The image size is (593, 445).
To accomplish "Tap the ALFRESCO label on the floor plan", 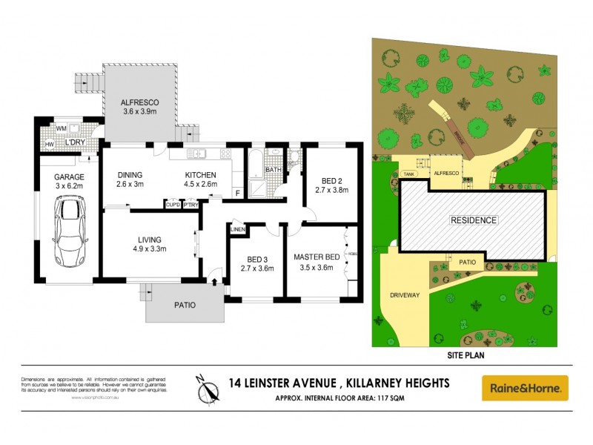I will pyautogui.click(x=140, y=104).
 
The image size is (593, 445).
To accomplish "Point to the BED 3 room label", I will pyautogui.click(x=258, y=259).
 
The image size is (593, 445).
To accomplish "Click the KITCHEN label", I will pyautogui.click(x=200, y=175).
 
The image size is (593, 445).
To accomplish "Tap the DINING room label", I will pyautogui.click(x=130, y=175).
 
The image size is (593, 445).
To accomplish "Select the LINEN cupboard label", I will pyautogui.click(x=238, y=229).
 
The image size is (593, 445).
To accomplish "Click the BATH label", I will pyautogui.click(x=274, y=170).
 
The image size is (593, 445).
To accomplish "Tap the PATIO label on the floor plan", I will pyautogui.click(x=185, y=304).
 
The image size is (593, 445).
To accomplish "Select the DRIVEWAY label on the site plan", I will pyautogui.click(x=405, y=295).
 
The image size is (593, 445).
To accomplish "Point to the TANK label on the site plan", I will pyautogui.click(x=409, y=174).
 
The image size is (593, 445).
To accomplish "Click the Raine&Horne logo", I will pyautogui.click(x=525, y=388).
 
